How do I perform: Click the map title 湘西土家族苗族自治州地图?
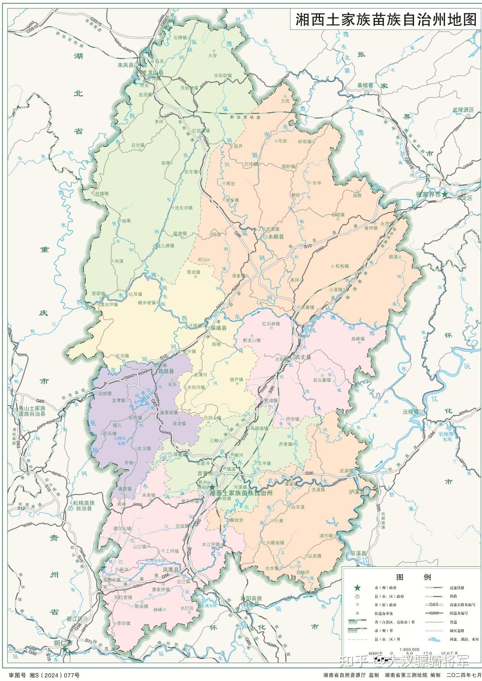coord(386,20)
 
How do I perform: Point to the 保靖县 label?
coord(219,328)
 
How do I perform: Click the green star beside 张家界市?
coord(445,194)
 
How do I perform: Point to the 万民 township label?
coord(285,101)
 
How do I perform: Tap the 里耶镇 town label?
coord(98,293)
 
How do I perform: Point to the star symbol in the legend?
coord(357,589)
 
